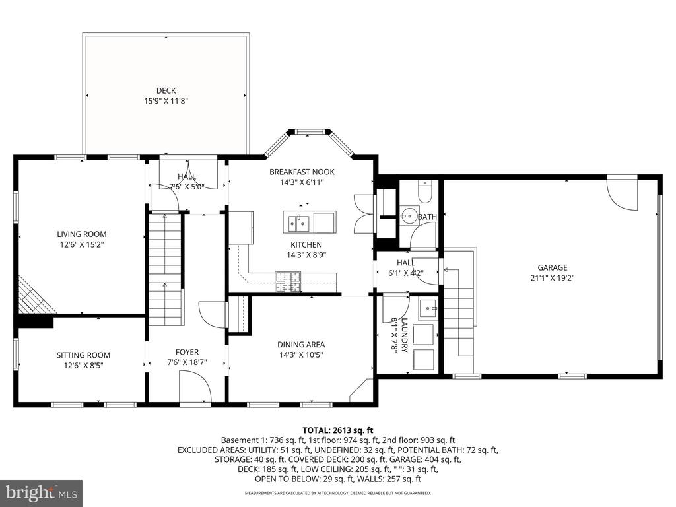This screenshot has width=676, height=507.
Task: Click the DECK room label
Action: click(166, 90)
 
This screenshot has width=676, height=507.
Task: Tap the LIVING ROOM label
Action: click(82, 234)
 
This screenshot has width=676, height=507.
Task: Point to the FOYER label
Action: click(187, 352)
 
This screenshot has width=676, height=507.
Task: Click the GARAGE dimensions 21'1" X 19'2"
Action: click(553, 278)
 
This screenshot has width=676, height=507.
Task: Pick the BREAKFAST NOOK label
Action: click(302, 172)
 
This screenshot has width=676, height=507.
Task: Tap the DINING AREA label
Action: click(301, 344)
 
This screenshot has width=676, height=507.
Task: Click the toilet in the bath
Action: click(425, 191)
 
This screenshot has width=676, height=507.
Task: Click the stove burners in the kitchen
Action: click(288, 281)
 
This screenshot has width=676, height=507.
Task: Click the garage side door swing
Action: click(622, 193)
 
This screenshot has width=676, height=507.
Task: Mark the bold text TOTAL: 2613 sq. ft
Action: click(337, 430)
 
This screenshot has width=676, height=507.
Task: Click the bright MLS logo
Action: click(42, 492)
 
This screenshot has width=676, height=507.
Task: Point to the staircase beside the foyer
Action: click(165, 270)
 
